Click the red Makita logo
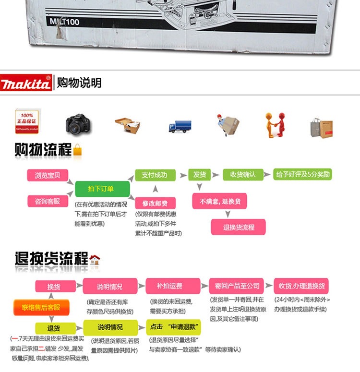pos(26,83)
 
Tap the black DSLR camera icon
pos(78,124)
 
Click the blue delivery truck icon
pos(180,126)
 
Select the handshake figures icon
pos(275,125)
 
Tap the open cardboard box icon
pos(128,125)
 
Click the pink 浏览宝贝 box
pos(47,175)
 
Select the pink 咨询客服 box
pos(47,201)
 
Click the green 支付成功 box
pos(154,175)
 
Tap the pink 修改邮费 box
pos(155,203)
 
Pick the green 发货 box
pos(199,175)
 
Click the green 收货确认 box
pos(243,175)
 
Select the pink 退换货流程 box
pos(238,227)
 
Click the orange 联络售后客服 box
pos(41,307)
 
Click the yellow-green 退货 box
pos(53,328)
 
